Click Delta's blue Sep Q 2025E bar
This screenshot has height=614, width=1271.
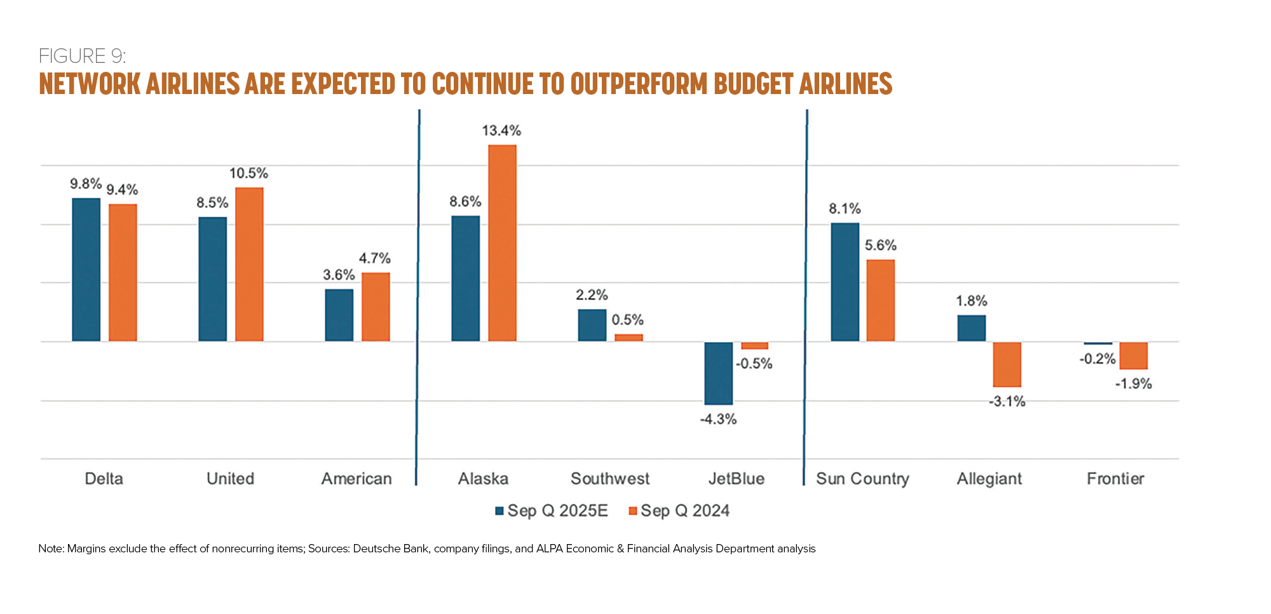pyautogui.click(x=86, y=269)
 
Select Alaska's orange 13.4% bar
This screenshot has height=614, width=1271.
pyautogui.click(x=502, y=243)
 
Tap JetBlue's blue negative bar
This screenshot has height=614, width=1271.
pyautogui.click(x=718, y=373)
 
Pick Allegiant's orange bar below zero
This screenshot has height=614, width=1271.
pyautogui.click(x=1007, y=364)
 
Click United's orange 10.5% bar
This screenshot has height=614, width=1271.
pyautogui.click(x=249, y=264)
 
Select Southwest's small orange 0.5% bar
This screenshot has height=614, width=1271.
pyautogui.click(x=629, y=338)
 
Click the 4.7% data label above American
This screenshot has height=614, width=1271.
pyautogui.click(x=375, y=259)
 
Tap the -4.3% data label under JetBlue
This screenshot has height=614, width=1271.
pyautogui.click(x=718, y=420)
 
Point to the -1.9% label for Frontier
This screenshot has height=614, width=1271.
pyautogui.click(x=1134, y=384)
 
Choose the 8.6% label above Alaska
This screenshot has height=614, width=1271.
pyautogui.click(x=465, y=202)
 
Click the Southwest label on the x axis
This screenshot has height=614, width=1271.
pyautogui.click(x=610, y=479)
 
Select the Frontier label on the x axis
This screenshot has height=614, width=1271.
pyautogui.click(x=1115, y=479)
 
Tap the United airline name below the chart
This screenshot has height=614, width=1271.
pyautogui.click(x=230, y=479)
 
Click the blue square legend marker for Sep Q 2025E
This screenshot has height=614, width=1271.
pyautogui.click(x=500, y=511)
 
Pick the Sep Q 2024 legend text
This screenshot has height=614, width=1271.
pyautogui.click(x=685, y=511)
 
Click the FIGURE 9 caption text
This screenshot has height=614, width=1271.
pyautogui.click(x=82, y=56)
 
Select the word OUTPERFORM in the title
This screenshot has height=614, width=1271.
pyautogui.click(x=638, y=84)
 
